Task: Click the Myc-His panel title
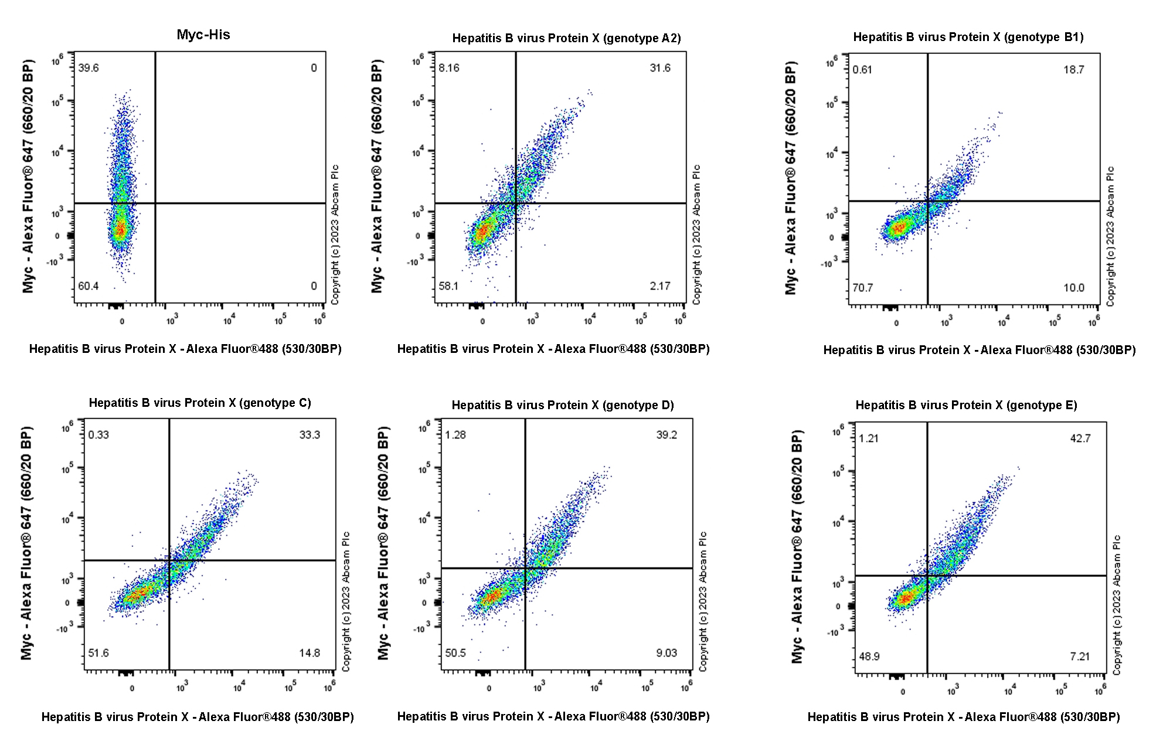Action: click(203, 35)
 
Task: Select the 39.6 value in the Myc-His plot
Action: click(89, 68)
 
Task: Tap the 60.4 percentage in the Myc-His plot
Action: click(89, 286)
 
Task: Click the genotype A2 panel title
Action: click(566, 38)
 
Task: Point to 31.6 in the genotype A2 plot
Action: click(660, 68)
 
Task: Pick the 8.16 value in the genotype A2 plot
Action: click(449, 68)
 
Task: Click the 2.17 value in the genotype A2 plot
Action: click(660, 286)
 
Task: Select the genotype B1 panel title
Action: click(968, 37)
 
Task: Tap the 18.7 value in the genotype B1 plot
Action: click(1074, 70)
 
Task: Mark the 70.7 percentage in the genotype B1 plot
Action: click(863, 288)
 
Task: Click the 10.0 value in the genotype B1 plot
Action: click(1074, 288)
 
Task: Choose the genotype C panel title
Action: click(200, 403)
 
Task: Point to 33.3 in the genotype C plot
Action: click(310, 435)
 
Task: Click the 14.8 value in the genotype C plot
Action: click(310, 653)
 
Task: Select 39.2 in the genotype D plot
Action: click(666, 435)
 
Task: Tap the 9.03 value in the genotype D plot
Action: click(666, 653)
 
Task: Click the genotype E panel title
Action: click(966, 405)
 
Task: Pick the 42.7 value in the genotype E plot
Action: click(1080, 438)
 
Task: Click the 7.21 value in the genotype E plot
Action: click(1080, 657)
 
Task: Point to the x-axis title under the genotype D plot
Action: click(553, 716)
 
